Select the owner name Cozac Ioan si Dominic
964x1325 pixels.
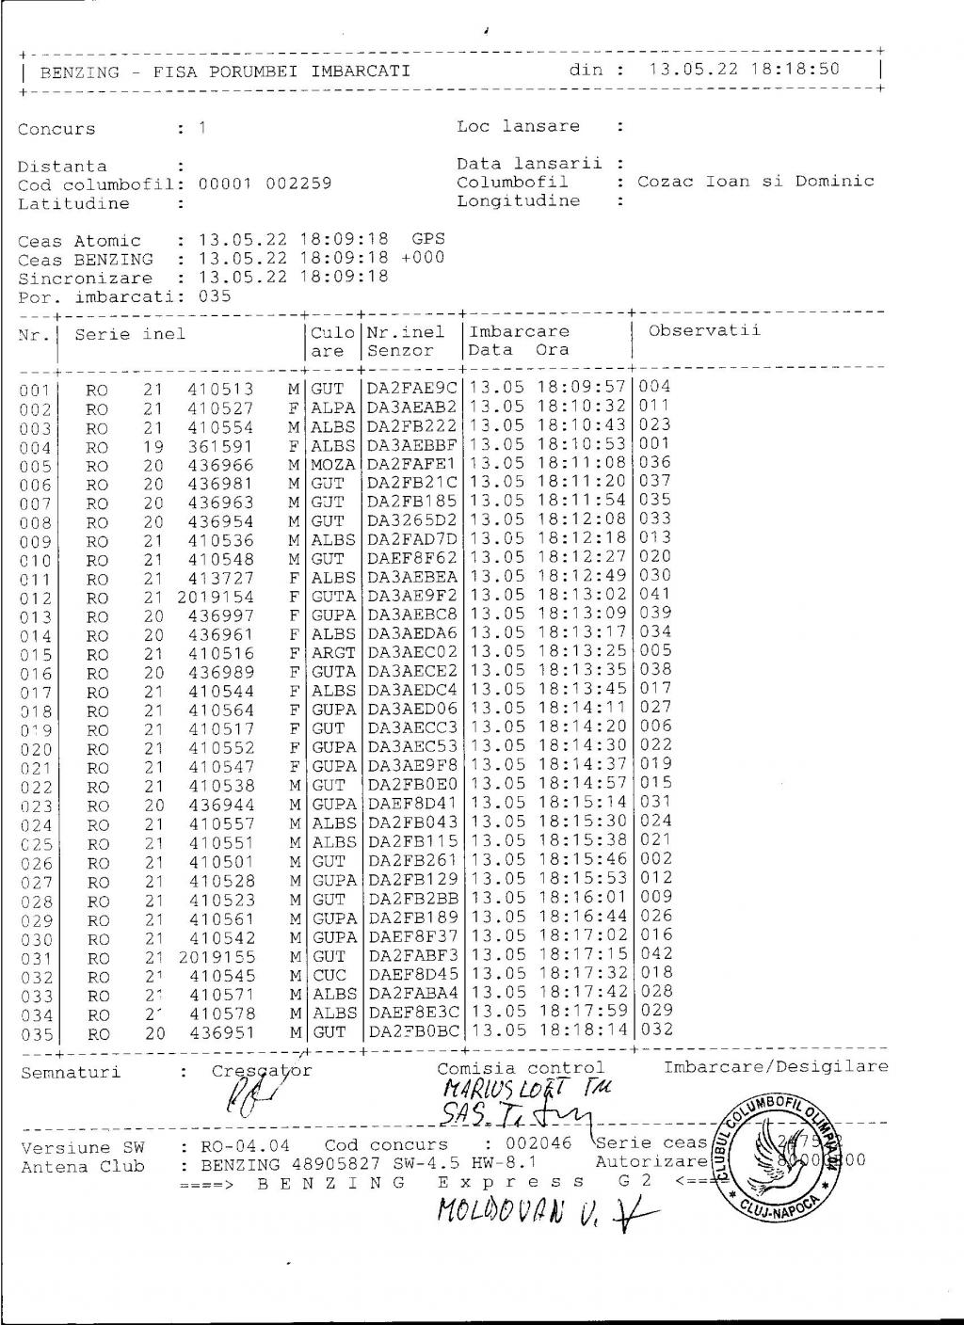(755, 182)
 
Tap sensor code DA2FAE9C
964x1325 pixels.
(411, 388)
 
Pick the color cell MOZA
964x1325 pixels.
(333, 465)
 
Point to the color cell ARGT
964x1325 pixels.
(333, 653)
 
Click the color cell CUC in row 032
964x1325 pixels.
(329, 976)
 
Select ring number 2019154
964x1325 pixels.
(216, 597)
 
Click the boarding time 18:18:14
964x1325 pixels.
(584, 1030)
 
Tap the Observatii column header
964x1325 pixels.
(703, 330)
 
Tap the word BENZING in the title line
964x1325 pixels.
(80, 72)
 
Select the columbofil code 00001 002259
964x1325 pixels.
(265, 184)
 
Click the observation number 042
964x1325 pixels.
(655, 954)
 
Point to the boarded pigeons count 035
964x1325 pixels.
(215, 296)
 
